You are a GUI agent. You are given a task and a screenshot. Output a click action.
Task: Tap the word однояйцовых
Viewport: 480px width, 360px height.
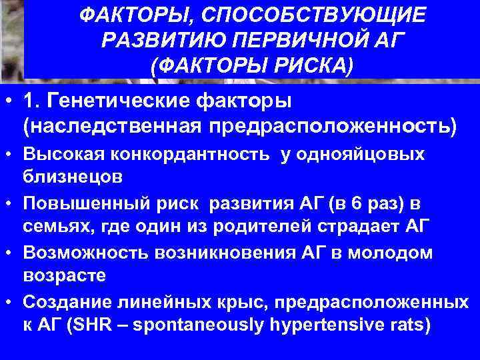365,155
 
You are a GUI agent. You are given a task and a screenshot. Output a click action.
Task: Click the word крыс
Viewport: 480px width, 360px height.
250,301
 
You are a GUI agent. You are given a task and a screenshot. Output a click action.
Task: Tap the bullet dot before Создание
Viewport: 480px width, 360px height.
10,302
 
